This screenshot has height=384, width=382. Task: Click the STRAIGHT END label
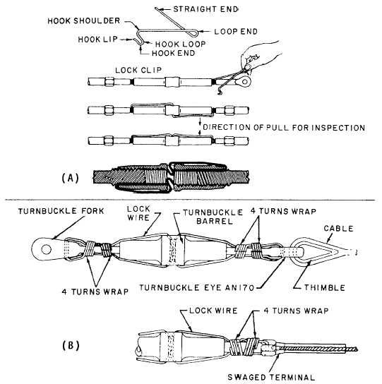tap(205, 9)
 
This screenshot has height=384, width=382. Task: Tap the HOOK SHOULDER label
tap(84, 20)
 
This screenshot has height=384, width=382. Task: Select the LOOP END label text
tap(236, 31)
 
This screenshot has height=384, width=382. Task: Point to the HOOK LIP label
tap(97, 40)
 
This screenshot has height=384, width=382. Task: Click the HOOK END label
tap(173, 53)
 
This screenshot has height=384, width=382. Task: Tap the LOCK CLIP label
tap(138, 70)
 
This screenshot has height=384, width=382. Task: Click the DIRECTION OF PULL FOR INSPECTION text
tap(284, 127)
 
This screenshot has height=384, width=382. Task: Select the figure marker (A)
tap(71, 178)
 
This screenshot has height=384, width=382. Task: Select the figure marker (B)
tap(71, 346)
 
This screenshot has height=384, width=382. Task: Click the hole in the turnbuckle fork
tap(46, 249)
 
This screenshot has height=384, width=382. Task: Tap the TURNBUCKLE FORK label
tap(61, 211)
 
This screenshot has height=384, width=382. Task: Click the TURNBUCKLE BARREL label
tap(213, 217)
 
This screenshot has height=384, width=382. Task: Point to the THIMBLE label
tap(324, 287)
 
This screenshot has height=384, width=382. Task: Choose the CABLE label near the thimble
tap(338, 229)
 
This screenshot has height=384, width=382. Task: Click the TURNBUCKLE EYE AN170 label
tap(197, 287)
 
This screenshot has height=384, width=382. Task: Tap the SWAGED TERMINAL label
tap(271, 377)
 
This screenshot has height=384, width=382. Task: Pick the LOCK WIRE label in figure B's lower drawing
tap(213, 311)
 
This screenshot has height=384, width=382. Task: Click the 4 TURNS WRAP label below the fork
tap(95, 292)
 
